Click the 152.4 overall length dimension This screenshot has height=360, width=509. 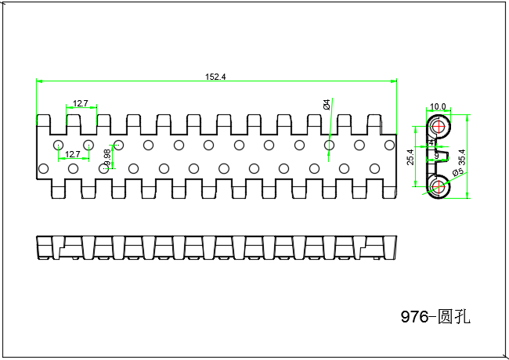pos(215,77)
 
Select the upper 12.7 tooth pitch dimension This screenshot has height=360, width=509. pos(81,103)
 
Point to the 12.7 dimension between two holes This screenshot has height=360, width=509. pos(73,154)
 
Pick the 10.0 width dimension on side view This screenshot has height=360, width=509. pos(438,106)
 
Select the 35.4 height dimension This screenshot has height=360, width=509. pos(462,157)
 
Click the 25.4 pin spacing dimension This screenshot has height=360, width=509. pos(410,157)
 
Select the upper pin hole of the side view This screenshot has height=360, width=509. pos(439,127)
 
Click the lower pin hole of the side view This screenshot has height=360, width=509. pos(439,186)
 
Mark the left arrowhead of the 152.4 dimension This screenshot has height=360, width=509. pos(39,81)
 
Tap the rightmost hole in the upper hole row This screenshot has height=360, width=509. pos(389,145)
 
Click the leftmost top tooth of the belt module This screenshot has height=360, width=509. pos(42,121)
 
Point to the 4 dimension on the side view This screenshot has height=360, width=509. pos(431,142)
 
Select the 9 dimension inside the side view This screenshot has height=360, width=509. pos(436,157)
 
